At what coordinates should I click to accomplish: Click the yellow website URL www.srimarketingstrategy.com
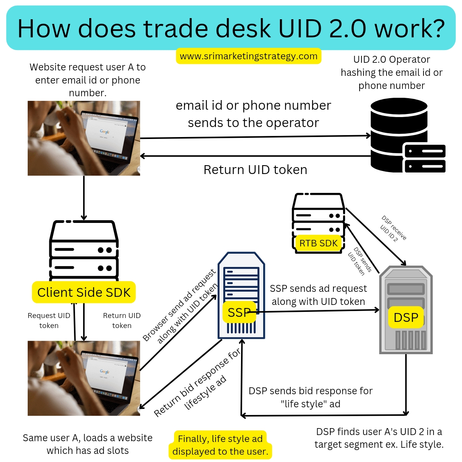click(248, 56)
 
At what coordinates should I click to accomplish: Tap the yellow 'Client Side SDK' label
click(84, 292)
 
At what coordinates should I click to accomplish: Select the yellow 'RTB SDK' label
click(318, 243)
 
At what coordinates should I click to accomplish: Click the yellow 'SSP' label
click(239, 312)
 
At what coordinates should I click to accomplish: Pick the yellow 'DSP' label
click(406, 318)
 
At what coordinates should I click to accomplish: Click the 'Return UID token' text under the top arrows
click(255, 170)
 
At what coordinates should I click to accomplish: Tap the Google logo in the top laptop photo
click(105, 132)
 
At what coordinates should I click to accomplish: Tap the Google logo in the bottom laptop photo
click(105, 372)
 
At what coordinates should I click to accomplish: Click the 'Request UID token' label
click(49, 320)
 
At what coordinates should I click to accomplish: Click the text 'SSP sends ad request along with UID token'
click(318, 295)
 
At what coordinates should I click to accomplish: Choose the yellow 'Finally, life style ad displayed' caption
click(220, 445)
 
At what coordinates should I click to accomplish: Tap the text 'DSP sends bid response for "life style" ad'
click(310, 397)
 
